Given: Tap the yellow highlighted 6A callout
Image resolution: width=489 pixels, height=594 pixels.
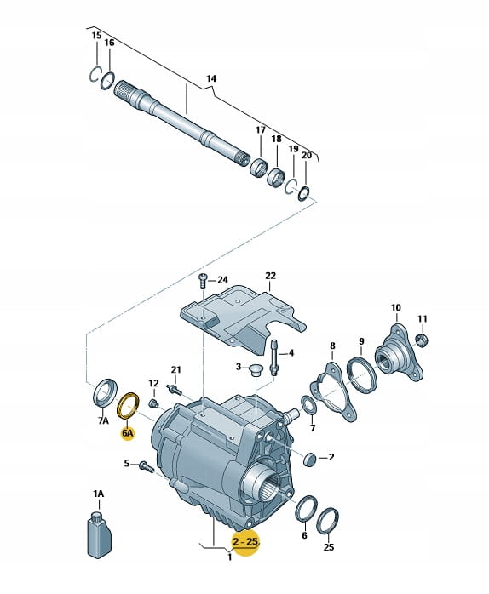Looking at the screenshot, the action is [x=128, y=432].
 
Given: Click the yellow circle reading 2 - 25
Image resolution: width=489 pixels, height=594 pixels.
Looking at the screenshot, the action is [x=245, y=542].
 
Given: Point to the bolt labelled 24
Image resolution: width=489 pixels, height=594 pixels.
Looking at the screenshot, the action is [x=202, y=281].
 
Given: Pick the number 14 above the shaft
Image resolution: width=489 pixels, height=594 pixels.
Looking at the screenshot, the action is [x=211, y=78].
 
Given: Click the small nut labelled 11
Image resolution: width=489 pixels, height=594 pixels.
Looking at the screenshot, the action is [x=421, y=340].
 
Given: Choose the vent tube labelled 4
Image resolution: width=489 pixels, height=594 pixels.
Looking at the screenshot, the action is [x=274, y=357].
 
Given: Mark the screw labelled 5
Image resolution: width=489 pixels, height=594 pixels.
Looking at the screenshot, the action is [x=146, y=466].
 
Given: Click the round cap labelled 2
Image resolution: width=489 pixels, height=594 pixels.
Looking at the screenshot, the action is [x=310, y=459].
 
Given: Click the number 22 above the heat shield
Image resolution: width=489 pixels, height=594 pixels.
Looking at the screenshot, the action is [x=271, y=276].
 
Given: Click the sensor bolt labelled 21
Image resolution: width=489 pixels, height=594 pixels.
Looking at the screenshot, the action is [x=174, y=389].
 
